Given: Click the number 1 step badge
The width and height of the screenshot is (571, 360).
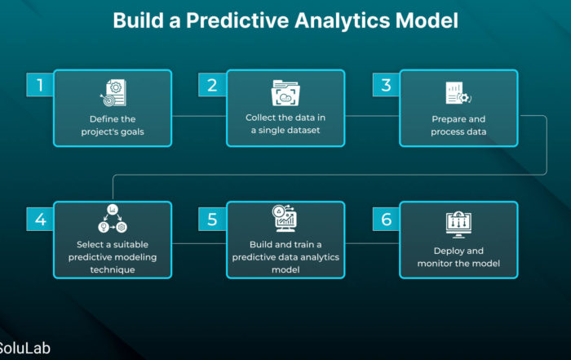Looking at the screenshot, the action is click(x=40, y=85).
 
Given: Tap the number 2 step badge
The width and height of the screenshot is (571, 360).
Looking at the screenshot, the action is click(x=212, y=85).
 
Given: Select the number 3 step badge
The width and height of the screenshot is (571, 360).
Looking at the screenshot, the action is click(x=386, y=85).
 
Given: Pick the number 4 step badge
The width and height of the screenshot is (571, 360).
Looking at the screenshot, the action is click(x=40, y=220).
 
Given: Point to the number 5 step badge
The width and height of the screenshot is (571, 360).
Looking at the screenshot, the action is click(x=212, y=220).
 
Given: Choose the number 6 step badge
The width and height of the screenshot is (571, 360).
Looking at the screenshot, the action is click(x=386, y=220).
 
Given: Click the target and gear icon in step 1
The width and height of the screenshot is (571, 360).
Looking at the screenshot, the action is click(x=113, y=93).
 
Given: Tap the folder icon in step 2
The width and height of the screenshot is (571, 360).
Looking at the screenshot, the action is click(x=285, y=93).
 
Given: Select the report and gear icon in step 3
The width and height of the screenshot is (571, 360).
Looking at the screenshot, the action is click(x=458, y=93).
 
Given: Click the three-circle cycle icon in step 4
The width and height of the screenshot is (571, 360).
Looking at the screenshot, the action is click(x=113, y=218).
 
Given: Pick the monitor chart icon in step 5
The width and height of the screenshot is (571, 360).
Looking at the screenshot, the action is click(x=285, y=218).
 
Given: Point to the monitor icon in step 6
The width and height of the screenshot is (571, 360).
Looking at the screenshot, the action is click(x=458, y=224).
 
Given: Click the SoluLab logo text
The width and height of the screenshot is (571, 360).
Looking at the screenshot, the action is click(x=24, y=349).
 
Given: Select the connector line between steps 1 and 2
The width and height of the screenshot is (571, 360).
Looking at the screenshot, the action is click(x=199, y=116).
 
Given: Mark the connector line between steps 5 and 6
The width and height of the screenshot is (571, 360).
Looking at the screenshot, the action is click(x=372, y=243).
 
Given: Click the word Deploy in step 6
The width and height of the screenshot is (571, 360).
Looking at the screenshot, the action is click(x=446, y=251).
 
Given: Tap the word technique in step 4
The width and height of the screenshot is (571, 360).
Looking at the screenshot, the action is click(x=113, y=270).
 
